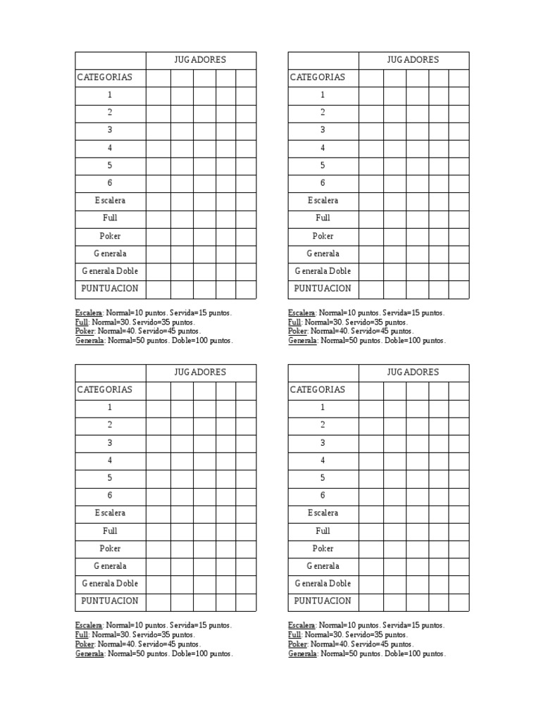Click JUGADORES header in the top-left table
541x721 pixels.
(x=200, y=60)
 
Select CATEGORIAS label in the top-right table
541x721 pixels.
(x=318, y=77)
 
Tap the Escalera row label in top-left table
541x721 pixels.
(x=110, y=201)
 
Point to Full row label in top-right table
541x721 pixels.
(x=323, y=218)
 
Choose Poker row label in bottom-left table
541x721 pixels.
(x=110, y=548)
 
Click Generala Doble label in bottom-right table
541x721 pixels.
(x=323, y=584)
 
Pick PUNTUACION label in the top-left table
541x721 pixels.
(x=110, y=289)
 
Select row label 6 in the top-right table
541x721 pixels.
(x=323, y=183)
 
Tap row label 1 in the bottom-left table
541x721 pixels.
(x=110, y=408)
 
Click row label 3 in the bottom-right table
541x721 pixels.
(x=323, y=443)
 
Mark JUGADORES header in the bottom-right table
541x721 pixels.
(x=413, y=372)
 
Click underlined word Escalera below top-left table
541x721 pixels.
(x=89, y=313)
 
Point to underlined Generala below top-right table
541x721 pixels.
(x=302, y=341)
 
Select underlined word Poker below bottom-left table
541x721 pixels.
(x=84, y=644)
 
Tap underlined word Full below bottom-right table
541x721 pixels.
(x=294, y=634)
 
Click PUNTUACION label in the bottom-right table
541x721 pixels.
(x=323, y=601)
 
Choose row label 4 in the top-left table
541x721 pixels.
(x=110, y=148)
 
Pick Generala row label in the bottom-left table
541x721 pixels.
(x=110, y=566)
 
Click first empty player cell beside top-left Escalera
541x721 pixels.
(x=158, y=201)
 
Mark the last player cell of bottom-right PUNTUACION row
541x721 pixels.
(x=459, y=601)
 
